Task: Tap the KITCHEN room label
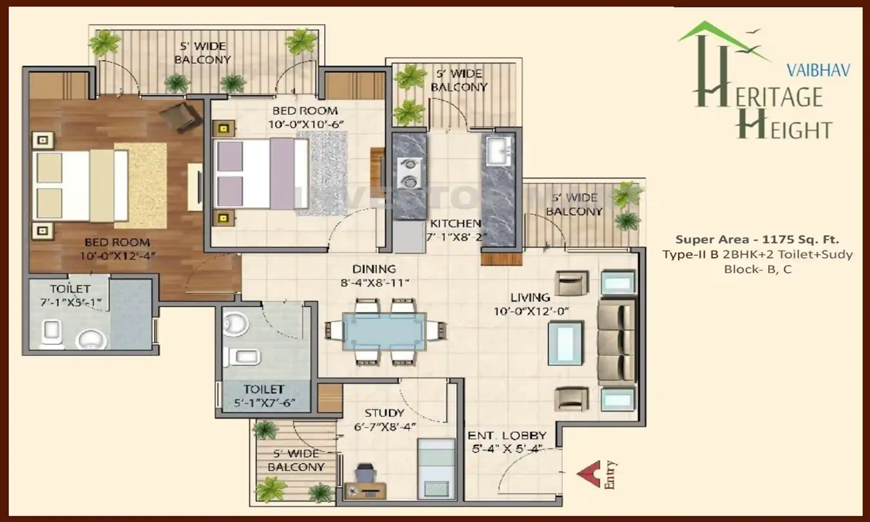coord(455,223)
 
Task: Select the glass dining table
coord(385,331)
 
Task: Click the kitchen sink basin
coord(499,151)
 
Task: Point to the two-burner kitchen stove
coord(409,173)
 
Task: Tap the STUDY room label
coord(384,412)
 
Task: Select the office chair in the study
coord(365,473)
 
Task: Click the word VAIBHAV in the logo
coord(818,71)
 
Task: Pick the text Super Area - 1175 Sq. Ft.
coord(757,239)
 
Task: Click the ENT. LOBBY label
coord(507,435)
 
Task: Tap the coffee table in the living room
coord(565,343)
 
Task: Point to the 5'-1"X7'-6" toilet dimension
coord(264,403)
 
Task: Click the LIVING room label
coord(530,298)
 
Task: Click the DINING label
coord(374,269)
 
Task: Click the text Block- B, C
coord(758,269)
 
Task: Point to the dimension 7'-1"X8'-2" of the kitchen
coord(456,237)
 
